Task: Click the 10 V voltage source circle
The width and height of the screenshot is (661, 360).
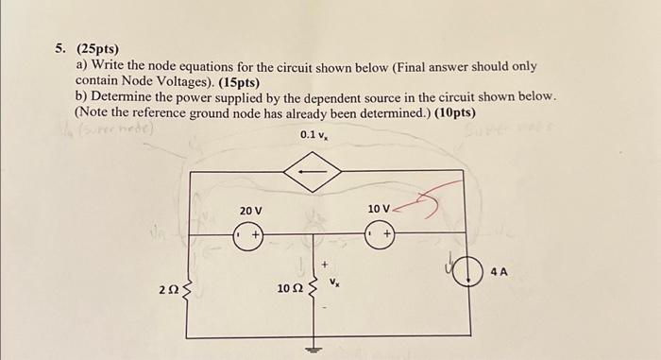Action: (x=380, y=234)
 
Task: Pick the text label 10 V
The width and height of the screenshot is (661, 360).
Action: (x=380, y=208)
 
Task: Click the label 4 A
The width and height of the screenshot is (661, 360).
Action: (x=499, y=272)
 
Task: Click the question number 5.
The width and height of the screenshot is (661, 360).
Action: (x=59, y=48)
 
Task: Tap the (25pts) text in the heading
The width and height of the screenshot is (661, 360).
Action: (x=95, y=48)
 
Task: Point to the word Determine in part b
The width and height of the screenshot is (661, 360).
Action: (x=126, y=96)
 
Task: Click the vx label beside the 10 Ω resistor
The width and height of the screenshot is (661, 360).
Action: (x=333, y=282)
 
